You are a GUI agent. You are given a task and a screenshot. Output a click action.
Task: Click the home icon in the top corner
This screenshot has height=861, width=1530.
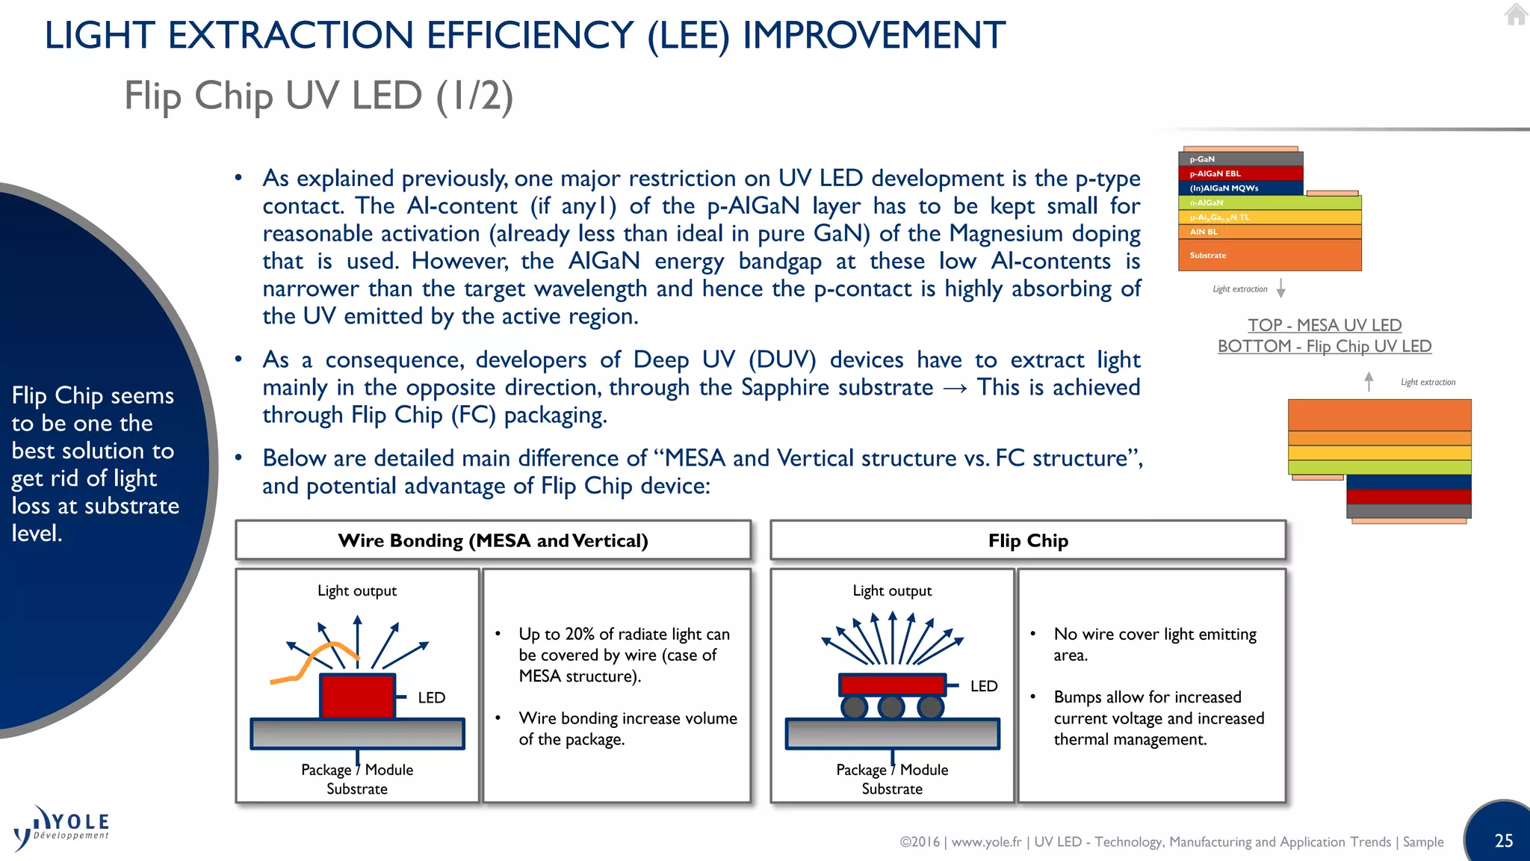pyautogui.click(x=1516, y=14)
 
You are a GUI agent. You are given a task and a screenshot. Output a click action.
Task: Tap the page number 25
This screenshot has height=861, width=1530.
pyautogui.click(x=1503, y=841)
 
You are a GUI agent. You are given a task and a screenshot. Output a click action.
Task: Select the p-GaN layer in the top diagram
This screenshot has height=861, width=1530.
pyautogui.click(x=1240, y=159)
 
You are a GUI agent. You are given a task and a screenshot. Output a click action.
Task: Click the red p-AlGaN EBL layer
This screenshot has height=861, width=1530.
pyautogui.click(x=1240, y=173)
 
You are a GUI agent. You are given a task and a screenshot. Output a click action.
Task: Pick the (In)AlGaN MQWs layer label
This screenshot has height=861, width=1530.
pyautogui.click(x=1224, y=188)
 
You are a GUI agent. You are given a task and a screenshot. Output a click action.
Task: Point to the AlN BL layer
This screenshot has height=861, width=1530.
pyautogui.click(x=1270, y=232)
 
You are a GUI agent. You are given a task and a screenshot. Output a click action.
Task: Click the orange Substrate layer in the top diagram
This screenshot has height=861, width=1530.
pyautogui.click(x=1270, y=256)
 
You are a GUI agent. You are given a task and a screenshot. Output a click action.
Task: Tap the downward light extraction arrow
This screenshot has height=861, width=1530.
pyautogui.click(x=1280, y=288)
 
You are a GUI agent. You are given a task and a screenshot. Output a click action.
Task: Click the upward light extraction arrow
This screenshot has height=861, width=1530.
pyautogui.click(x=1369, y=382)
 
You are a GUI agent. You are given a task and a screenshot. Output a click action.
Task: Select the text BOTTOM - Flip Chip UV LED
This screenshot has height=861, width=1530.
pyautogui.click(x=1324, y=347)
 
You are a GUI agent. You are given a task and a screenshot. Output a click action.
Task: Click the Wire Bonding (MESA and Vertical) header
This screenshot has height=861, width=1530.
pyautogui.click(x=493, y=540)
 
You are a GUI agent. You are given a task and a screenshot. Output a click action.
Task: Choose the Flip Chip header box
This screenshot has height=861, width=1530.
pyautogui.click(x=1028, y=540)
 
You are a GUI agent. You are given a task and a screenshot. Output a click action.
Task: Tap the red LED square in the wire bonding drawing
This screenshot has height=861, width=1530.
pyautogui.click(x=357, y=696)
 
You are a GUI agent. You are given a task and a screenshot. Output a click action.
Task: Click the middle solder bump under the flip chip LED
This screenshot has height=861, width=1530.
pyautogui.click(x=891, y=706)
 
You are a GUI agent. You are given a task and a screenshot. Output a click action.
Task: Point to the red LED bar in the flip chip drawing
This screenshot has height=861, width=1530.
pyautogui.click(x=892, y=684)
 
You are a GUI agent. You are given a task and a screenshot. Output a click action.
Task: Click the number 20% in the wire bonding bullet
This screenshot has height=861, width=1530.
pyautogui.click(x=580, y=634)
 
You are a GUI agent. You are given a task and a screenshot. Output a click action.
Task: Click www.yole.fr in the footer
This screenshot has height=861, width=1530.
pyautogui.click(x=986, y=842)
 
